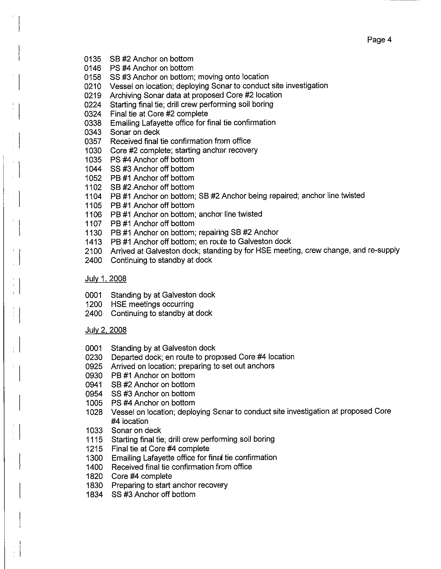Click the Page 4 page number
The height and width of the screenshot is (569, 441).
coord(379,40)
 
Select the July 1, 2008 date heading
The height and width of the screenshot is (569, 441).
coord(106,279)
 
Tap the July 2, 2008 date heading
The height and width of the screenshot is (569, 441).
coord(106,330)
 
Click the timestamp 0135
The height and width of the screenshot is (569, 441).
coord(93,59)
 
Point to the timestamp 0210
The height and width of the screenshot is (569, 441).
coord(93,86)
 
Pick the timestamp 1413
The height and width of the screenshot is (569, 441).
coord(93,242)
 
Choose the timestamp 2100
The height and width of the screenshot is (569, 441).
coord(93,251)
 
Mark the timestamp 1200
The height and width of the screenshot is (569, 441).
coord(94,304)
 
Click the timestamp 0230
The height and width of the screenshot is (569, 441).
coord(94,357)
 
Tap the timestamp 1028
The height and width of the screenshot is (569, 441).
coord(94,413)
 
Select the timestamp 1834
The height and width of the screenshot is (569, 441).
coord(94,495)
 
